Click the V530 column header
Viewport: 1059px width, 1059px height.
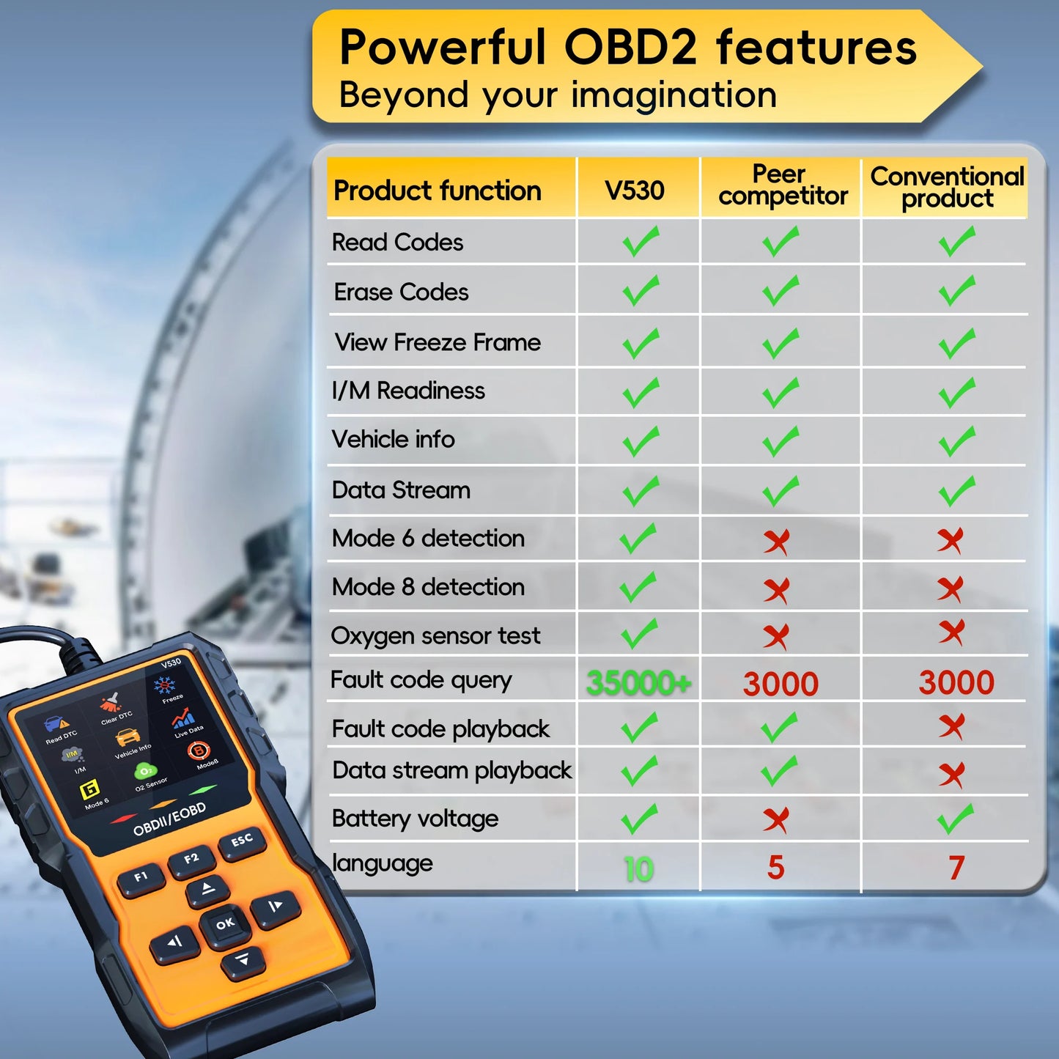tap(635, 191)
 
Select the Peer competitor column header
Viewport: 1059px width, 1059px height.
tap(782, 186)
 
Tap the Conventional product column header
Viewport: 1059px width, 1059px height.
tap(947, 187)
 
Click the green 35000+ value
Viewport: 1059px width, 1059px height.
tap(638, 683)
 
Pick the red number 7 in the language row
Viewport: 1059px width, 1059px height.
tap(956, 868)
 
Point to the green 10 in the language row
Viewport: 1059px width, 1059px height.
tap(638, 869)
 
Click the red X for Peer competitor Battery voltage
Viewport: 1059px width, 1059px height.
tap(776, 820)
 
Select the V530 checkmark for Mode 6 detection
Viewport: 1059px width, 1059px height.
tap(638, 539)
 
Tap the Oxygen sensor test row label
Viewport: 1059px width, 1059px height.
tap(435, 635)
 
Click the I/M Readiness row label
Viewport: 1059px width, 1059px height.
tap(408, 391)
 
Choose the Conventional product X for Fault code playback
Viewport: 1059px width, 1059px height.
tap(951, 727)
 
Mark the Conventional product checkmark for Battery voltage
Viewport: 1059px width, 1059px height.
tap(956, 819)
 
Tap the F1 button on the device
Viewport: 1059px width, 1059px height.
tap(141, 877)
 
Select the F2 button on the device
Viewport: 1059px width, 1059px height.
tap(191, 859)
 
